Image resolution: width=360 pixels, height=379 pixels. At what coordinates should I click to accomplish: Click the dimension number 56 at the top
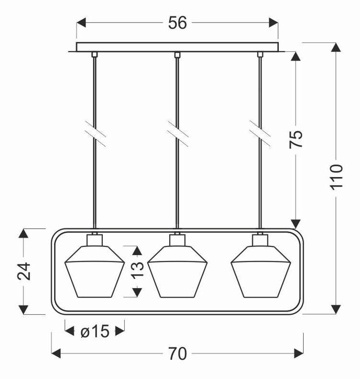tap(177, 23)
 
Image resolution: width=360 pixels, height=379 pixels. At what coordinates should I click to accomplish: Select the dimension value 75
tap(296, 139)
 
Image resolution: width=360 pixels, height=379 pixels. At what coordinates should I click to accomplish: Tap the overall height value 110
tap(337, 177)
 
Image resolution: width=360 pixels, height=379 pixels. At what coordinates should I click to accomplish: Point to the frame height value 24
tap(24, 271)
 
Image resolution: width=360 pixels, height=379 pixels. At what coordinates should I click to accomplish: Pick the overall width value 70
tap(177, 354)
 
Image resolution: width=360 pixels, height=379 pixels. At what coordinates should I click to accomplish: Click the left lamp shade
tap(95, 272)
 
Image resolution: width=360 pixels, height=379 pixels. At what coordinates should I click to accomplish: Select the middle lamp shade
tap(177, 272)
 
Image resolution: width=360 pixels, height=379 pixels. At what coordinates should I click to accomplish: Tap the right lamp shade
tap(261, 272)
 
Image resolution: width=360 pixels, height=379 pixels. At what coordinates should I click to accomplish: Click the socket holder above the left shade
tap(95, 240)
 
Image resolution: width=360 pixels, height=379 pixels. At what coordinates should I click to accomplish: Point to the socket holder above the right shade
tap(260, 240)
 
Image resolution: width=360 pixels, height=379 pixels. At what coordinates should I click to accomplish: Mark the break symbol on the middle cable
tap(178, 134)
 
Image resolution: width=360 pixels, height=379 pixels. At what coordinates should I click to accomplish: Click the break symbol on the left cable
tap(95, 134)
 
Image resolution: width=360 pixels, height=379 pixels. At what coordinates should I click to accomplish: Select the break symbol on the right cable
tap(260, 134)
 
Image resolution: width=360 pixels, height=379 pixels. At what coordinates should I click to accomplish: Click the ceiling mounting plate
tap(177, 47)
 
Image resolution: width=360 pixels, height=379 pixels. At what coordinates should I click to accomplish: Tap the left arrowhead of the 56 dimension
tap(81, 22)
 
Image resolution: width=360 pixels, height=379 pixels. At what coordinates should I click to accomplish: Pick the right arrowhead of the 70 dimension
tap(299, 353)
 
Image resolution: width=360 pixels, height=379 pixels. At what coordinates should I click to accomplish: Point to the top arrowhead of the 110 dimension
tap(336, 47)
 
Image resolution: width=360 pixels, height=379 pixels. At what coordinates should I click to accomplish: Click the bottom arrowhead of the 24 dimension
tap(23, 310)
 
